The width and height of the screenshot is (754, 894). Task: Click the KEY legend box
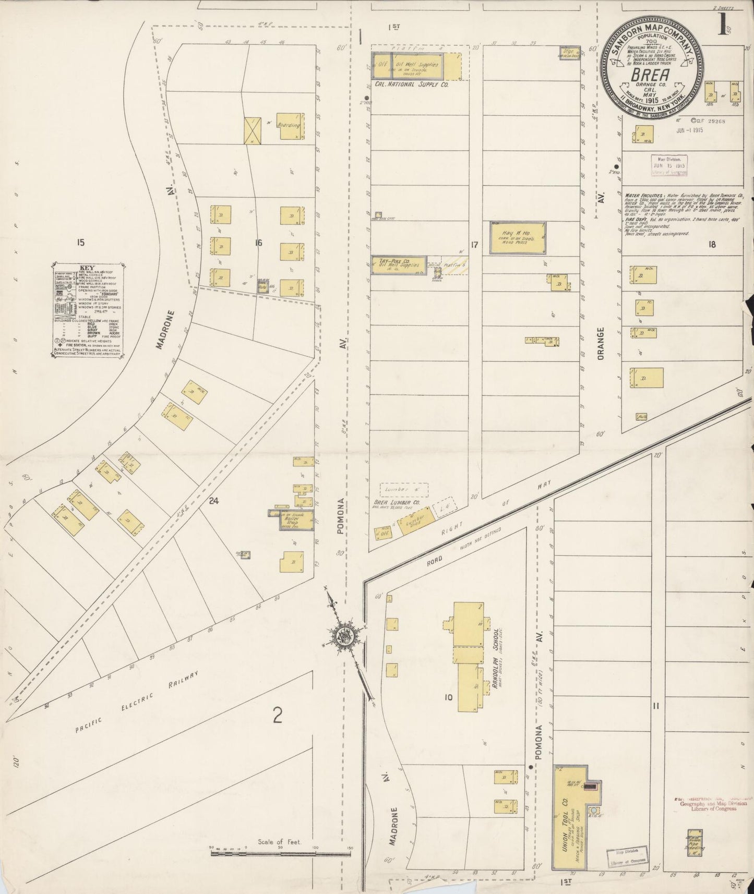click(x=88, y=311)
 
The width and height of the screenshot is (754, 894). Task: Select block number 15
click(x=80, y=241)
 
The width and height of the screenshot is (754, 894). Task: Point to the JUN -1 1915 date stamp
click(x=689, y=130)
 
